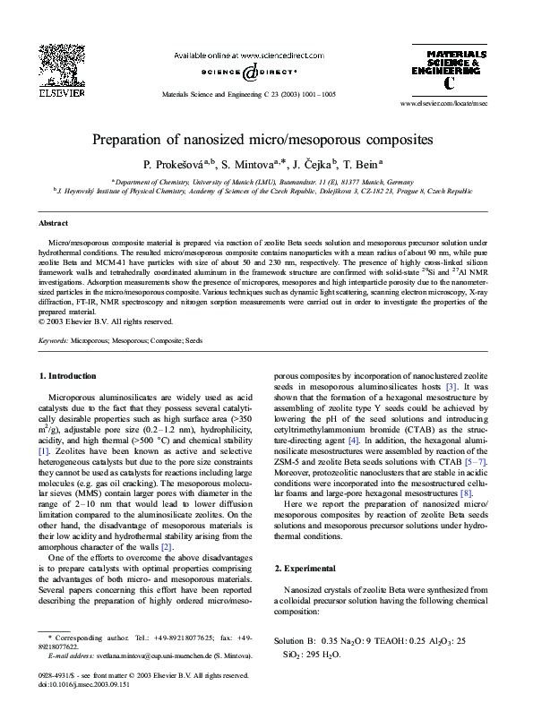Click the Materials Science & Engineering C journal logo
(449, 68)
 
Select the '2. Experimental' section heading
(306, 569)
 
